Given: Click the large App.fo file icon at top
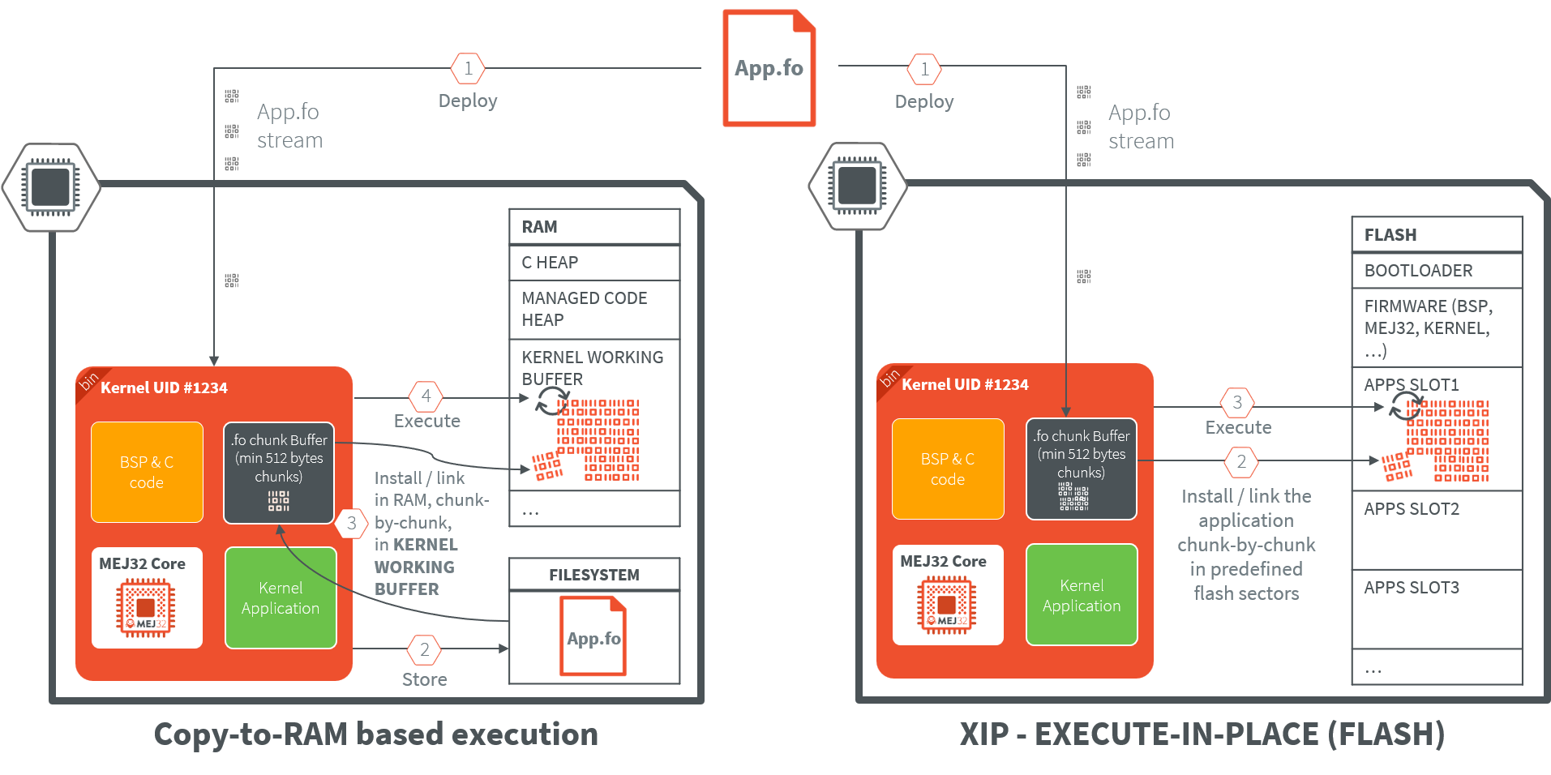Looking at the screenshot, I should pos(769,68).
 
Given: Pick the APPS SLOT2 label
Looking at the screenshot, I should pos(1412,509).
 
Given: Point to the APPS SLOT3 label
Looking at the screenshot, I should pos(1412,588).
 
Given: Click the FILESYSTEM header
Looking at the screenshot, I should pos(593,575).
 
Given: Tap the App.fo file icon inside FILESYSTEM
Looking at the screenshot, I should pos(593,636).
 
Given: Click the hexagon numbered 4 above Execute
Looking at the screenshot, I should pos(426,396).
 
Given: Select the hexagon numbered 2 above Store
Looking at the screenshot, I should pos(424,649).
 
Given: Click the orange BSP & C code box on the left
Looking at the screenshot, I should pos(147,472).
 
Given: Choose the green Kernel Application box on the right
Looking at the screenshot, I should pos(1082,595).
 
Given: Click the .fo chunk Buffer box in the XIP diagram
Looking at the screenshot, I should pos(1081,469).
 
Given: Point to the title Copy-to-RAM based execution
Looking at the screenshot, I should pos(376,734).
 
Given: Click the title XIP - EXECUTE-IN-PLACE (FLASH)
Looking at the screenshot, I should pos(1202,734).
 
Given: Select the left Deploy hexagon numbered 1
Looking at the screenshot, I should pos(468,69).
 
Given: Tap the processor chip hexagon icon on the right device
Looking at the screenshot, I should pos(857,186).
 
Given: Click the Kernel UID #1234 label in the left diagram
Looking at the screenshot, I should pos(164,387).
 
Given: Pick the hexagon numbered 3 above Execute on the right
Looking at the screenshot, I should pos(1237,402).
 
